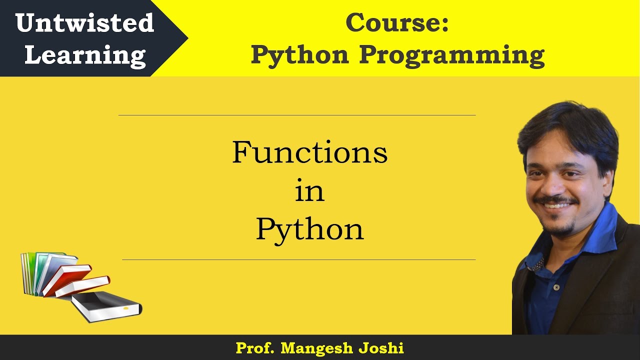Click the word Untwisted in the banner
click(84, 23)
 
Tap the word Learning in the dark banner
click(85, 54)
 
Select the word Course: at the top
click(397, 22)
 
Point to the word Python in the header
click(299, 54)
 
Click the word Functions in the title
click(309, 152)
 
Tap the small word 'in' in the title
click(309, 192)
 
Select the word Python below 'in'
click(309, 230)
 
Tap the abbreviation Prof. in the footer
click(255, 348)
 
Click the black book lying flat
click(105, 305)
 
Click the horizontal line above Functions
click(297, 115)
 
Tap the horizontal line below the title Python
click(298, 259)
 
